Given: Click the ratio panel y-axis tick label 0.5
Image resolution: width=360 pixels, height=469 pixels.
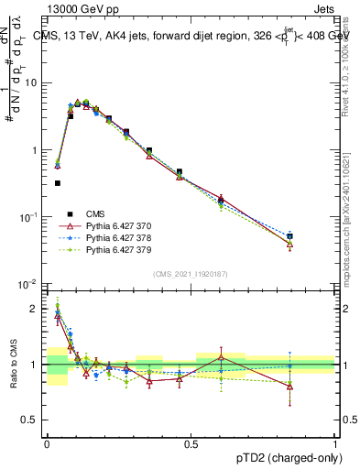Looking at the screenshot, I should point(30,420).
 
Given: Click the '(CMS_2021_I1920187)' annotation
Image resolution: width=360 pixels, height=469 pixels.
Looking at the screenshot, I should point(191,273).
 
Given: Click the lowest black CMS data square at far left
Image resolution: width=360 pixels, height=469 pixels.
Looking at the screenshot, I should point(58,183).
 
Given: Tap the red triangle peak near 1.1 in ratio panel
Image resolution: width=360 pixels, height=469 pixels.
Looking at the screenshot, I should point(221,356).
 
